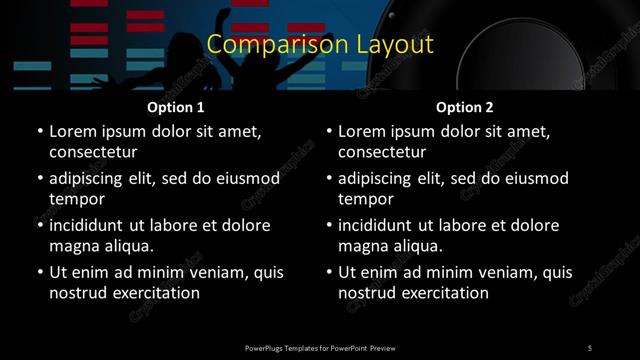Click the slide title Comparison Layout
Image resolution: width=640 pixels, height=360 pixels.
(320, 45)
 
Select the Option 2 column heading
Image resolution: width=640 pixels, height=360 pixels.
(465, 107)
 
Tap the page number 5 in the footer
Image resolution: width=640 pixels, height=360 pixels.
(590, 347)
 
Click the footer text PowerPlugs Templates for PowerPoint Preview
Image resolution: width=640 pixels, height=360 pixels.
(320, 347)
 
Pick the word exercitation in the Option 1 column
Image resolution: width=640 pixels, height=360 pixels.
(155, 293)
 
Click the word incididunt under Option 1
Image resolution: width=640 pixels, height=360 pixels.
(91, 225)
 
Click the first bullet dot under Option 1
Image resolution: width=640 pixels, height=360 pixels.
(39, 131)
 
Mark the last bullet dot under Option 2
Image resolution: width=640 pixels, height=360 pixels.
(329, 272)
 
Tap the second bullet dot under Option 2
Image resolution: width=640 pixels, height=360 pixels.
(329, 178)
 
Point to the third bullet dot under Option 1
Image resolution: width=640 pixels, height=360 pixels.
(39, 225)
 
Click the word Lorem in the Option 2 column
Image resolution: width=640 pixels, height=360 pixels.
(362, 131)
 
